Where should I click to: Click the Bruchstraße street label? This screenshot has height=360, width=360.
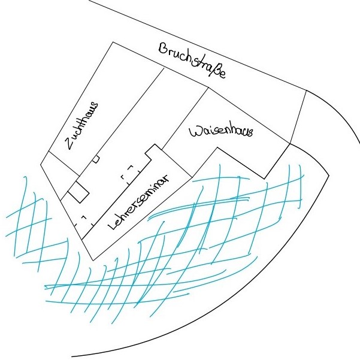pos(192,60)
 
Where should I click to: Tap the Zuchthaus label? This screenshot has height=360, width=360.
pos(81,126)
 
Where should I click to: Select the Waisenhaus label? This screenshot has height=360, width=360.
pos(221,132)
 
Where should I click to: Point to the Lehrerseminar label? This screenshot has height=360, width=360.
pos(138,202)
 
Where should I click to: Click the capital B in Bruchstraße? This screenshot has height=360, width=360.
pos(164,48)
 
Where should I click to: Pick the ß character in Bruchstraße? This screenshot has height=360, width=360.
pos(214,70)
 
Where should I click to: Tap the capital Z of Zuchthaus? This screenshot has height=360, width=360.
pos(70,144)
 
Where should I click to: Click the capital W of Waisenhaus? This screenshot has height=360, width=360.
pos(195,132)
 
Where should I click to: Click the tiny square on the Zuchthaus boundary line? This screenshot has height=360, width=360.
pos(96,159)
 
